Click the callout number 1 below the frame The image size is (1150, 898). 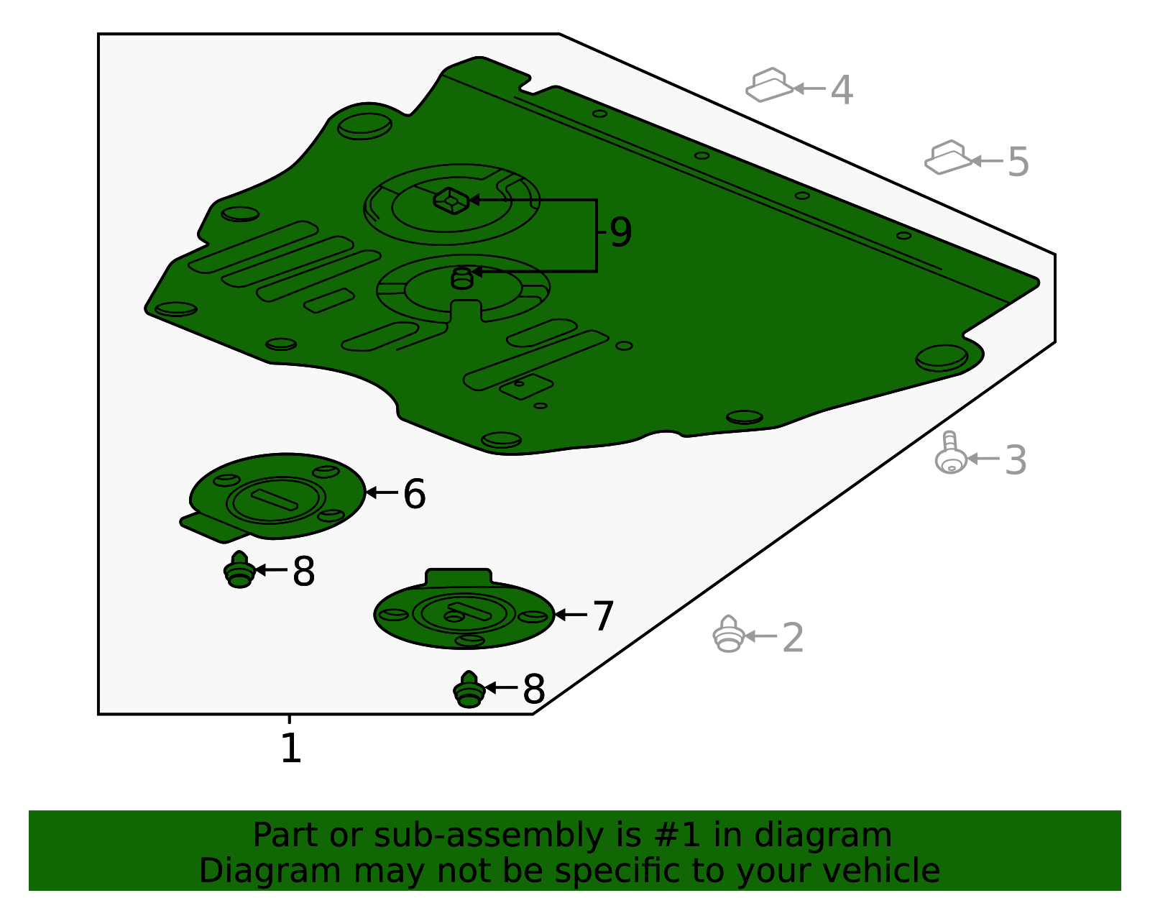[291, 748]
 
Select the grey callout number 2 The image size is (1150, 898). [792, 637]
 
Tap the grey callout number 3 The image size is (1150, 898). [1016, 460]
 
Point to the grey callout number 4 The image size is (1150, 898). [842, 90]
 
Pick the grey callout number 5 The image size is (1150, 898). [1018, 162]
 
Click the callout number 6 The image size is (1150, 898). [415, 494]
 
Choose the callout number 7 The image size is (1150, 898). [603, 616]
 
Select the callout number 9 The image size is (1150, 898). [621, 232]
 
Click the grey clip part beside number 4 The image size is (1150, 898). [770, 85]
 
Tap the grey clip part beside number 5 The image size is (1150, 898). [948, 157]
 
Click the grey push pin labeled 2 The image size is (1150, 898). [729, 634]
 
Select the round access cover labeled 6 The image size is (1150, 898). [275, 498]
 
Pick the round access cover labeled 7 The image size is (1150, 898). [464, 610]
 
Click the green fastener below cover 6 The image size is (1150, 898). [240, 569]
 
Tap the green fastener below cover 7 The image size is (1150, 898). [469, 689]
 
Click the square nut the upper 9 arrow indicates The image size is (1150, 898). [451, 201]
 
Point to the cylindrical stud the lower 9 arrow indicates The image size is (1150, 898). [462, 278]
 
